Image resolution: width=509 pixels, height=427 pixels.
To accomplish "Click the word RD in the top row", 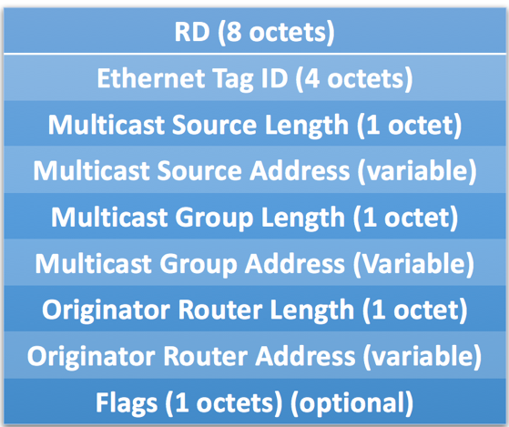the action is tap(192, 32).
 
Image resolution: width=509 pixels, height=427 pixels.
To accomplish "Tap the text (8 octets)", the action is tap(276, 33).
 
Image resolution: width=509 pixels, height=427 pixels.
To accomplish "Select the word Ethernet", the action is tap(151, 78).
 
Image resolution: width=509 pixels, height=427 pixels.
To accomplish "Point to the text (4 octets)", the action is tap(354, 79).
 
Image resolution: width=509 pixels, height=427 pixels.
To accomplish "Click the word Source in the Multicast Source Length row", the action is tap(214, 125).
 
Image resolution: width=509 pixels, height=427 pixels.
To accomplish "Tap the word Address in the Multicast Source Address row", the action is tap(300, 171).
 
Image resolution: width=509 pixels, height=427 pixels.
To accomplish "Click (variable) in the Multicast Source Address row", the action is tap(417, 171).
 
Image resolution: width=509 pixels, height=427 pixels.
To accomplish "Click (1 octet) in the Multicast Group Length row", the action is tap(406, 218).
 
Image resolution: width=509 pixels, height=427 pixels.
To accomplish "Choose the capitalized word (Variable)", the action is tap(413, 264).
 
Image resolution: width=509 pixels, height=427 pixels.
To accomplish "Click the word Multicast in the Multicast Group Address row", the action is tap(94, 263).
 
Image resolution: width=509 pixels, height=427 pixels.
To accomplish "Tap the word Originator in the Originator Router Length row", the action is tap(107, 310).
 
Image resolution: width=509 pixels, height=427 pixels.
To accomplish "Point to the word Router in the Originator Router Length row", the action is tap(220, 310).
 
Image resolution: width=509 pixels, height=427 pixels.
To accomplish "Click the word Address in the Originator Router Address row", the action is tap(305, 357).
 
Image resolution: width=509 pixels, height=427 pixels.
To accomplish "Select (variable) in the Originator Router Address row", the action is tap(422, 357).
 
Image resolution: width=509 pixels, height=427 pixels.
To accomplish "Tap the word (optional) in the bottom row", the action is tap(351, 403).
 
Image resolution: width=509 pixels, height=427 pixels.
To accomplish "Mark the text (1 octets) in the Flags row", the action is tap(224, 403).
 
